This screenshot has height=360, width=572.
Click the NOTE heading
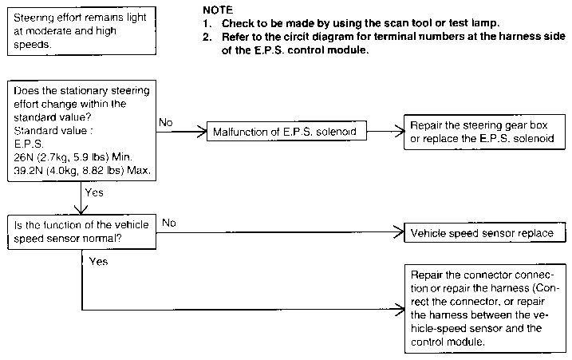(x=218, y=10)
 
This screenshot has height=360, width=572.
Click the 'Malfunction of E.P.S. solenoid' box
(x=286, y=131)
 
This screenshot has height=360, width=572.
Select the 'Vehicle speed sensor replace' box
(x=485, y=232)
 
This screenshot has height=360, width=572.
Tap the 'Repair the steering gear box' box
(x=484, y=132)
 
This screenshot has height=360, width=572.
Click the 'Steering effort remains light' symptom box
(x=81, y=31)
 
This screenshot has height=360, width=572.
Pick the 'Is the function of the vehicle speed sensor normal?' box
(x=81, y=231)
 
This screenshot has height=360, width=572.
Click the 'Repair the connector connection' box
(x=485, y=309)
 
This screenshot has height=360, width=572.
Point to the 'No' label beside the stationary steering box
(x=166, y=122)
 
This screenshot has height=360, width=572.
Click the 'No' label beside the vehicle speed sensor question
(x=169, y=223)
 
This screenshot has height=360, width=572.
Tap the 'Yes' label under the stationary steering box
(x=94, y=192)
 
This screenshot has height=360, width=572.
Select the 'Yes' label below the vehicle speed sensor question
(x=98, y=262)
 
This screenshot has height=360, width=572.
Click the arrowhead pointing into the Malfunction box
(x=202, y=132)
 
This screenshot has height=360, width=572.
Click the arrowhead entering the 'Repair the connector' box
(x=400, y=310)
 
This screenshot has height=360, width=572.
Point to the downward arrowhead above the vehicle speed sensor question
(x=81, y=210)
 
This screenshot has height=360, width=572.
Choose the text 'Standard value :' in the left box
(x=53, y=130)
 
